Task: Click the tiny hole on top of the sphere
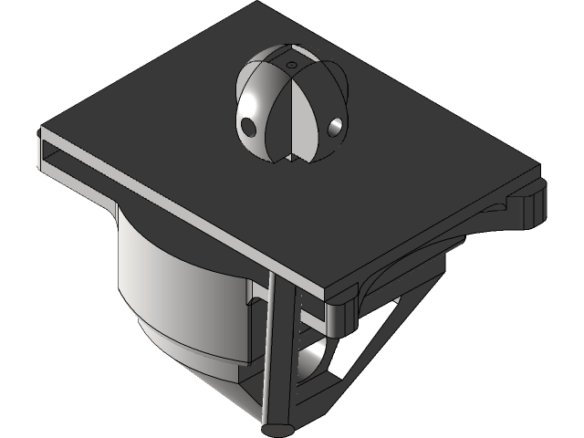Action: point(290,66)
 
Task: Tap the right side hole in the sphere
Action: point(337,125)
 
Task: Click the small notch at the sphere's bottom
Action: point(290,158)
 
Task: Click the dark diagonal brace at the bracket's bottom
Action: point(347,383)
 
